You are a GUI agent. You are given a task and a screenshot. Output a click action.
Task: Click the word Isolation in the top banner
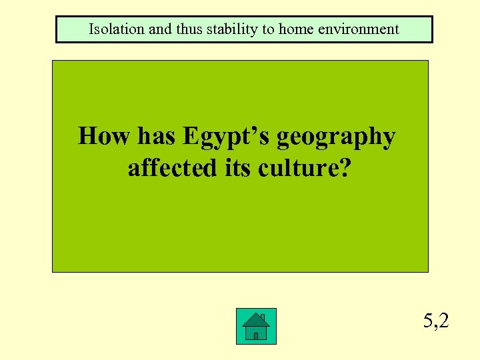(113, 29)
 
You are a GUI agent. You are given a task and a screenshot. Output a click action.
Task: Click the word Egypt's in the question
(227, 137)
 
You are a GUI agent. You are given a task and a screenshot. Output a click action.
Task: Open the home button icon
(255, 327)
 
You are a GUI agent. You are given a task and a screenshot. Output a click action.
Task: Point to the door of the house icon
(255, 336)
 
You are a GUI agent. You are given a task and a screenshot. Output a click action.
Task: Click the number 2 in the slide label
(443, 321)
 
